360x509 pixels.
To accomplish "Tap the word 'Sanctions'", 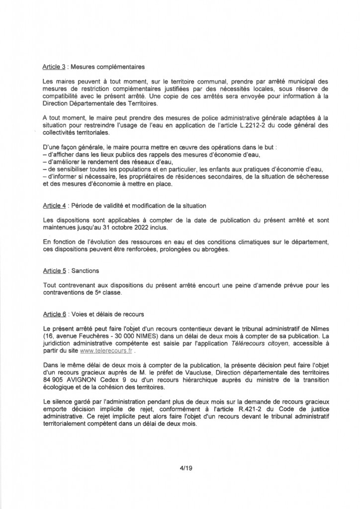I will pos(86,271).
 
